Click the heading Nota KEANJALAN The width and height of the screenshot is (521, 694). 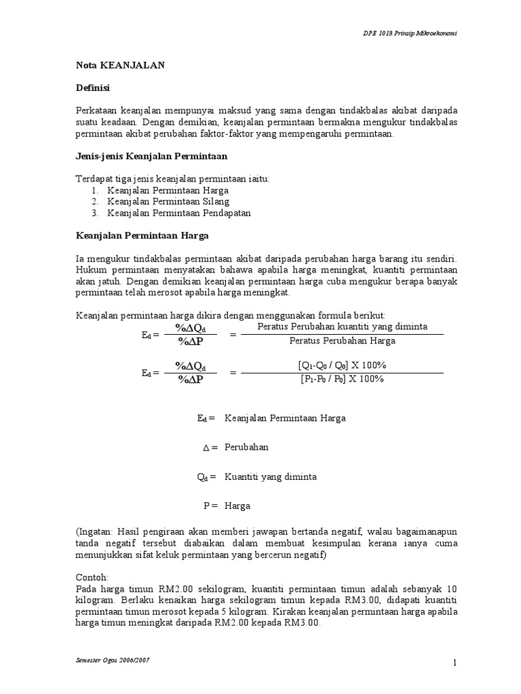(119, 66)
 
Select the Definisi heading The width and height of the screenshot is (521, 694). (92, 88)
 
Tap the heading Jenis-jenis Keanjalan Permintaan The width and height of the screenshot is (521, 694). (151, 156)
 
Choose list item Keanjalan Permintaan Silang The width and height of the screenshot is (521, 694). (168, 201)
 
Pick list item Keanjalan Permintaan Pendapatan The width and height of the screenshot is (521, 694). (179, 212)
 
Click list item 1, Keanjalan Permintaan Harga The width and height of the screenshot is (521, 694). (168, 190)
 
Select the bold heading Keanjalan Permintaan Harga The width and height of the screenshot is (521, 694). (142, 235)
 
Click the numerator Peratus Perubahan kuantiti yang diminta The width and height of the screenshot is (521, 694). (342, 327)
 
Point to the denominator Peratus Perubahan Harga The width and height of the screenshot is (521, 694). (342, 340)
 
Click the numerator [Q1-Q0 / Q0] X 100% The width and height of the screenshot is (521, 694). (342, 365)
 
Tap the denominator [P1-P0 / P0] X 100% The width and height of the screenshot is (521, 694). (342, 379)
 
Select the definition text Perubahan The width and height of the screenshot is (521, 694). (246, 447)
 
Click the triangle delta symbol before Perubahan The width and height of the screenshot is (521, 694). (206, 448)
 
